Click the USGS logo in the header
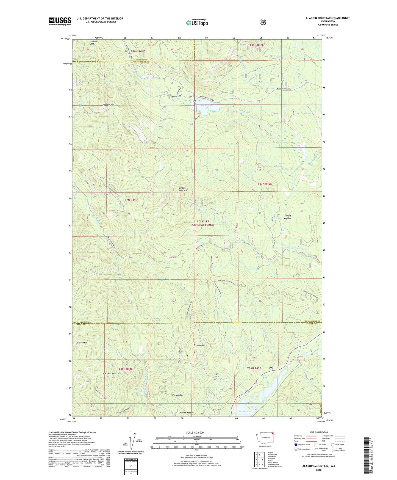(60, 21)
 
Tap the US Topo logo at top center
(197, 23)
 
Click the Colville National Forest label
(203, 223)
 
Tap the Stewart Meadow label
(287, 217)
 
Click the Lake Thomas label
(244, 412)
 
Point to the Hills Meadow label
(177, 395)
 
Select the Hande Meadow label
(187, 413)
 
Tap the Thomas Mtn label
(199, 345)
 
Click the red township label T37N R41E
(130, 200)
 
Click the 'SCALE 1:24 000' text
(195, 432)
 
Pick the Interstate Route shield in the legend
(295, 445)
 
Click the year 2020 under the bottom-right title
(318, 470)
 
